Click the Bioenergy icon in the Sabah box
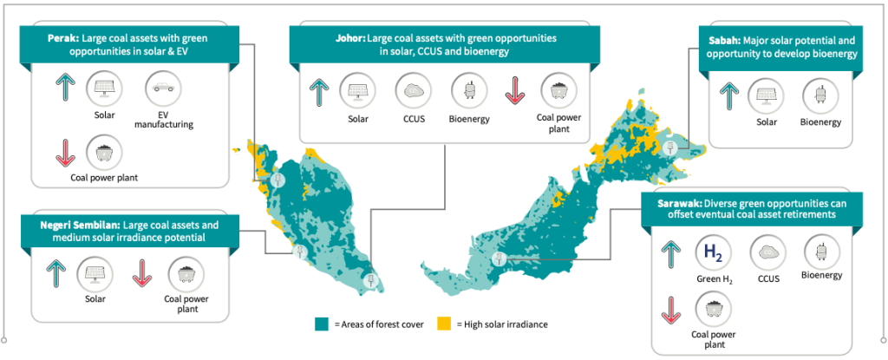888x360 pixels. click(819, 95)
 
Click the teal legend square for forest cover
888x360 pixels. click(320, 324)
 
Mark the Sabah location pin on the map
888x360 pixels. click(669, 148)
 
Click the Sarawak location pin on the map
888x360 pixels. click(499, 259)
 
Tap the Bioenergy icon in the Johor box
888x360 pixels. click(467, 90)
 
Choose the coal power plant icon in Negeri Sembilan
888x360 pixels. click(186, 274)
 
